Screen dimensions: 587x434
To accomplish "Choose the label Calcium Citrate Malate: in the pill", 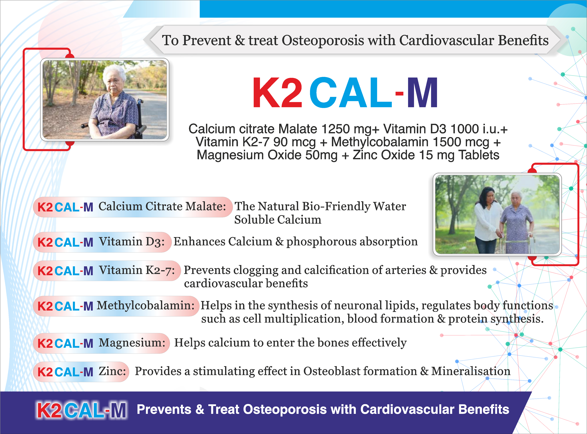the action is point(162,206).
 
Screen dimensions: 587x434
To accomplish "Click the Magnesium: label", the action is point(132,343).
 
